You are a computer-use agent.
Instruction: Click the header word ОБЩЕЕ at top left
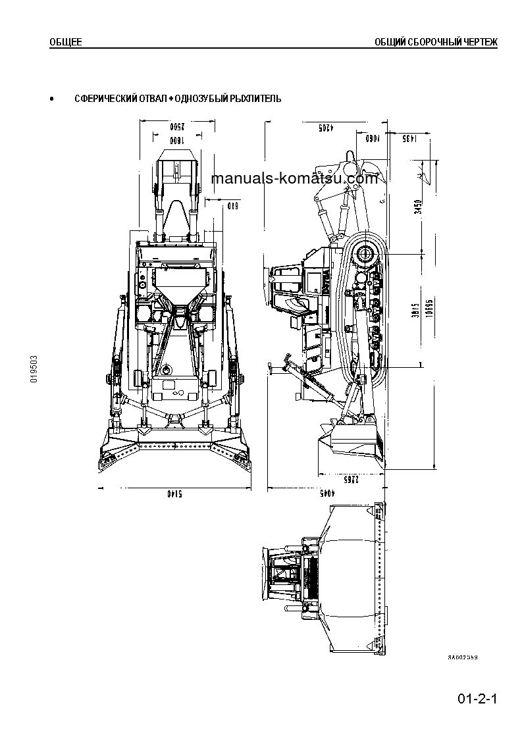(x=66, y=42)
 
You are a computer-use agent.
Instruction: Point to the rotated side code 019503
(x=34, y=370)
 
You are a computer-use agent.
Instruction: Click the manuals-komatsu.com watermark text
(x=295, y=178)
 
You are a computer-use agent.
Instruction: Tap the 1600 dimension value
(x=176, y=140)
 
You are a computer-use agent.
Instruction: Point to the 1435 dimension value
(x=408, y=138)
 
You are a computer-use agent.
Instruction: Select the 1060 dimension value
(x=374, y=138)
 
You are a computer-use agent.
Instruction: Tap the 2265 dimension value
(x=352, y=479)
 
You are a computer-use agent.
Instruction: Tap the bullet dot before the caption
(x=52, y=99)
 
